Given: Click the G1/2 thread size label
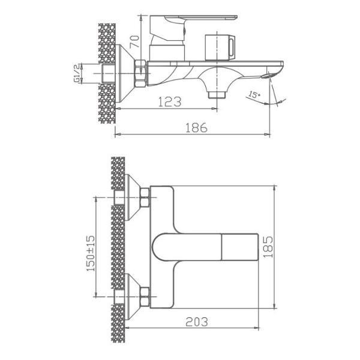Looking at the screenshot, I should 77,73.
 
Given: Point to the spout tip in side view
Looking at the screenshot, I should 269,74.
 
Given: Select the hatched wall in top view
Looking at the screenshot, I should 118,246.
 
